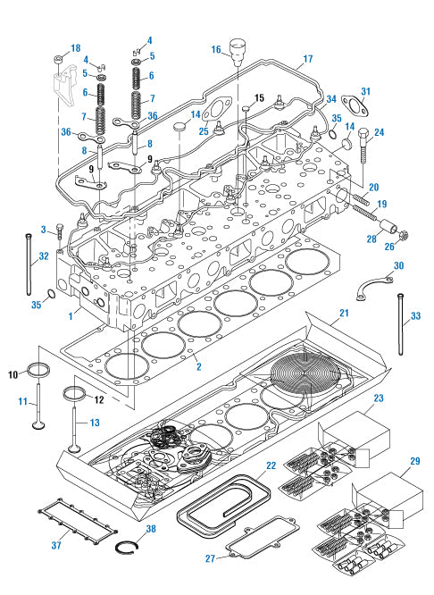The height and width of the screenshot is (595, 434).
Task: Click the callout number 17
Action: pyautogui.click(x=306, y=60)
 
